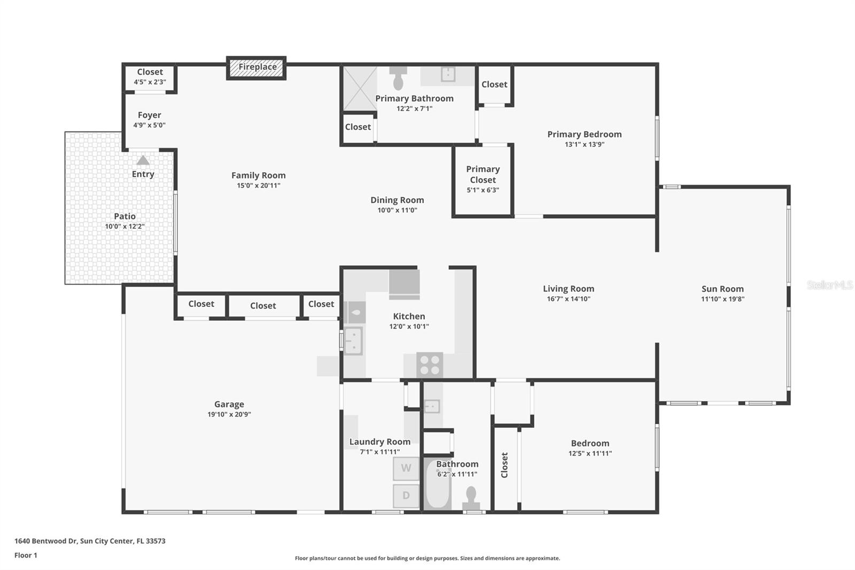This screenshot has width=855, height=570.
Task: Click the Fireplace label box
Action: coord(257,67)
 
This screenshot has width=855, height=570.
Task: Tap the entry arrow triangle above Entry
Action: coord(143,160)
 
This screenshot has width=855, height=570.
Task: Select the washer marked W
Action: coord(406,468)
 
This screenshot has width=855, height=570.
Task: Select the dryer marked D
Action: coord(406,496)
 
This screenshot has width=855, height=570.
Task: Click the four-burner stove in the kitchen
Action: coord(430,365)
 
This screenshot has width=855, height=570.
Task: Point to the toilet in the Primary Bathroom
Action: coord(398,79)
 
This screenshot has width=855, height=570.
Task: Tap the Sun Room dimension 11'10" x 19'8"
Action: coord(722,299)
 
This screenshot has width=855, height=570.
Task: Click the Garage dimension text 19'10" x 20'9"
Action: coord(229,414)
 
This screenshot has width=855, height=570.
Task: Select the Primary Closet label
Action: coord(483,174)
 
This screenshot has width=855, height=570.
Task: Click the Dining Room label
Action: coord(397,200)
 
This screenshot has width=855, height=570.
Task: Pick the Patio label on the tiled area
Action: coord(125,216)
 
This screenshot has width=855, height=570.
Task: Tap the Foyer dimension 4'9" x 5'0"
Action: coord(149,125)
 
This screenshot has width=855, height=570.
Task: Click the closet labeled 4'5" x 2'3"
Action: coord(150,76)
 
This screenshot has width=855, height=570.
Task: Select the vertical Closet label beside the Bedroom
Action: coord(504,465)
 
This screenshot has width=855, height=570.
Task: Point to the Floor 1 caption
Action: coord(26,555)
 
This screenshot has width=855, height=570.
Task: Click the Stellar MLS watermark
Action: coord(829,286)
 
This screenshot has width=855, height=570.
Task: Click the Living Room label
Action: coord(569,289)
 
